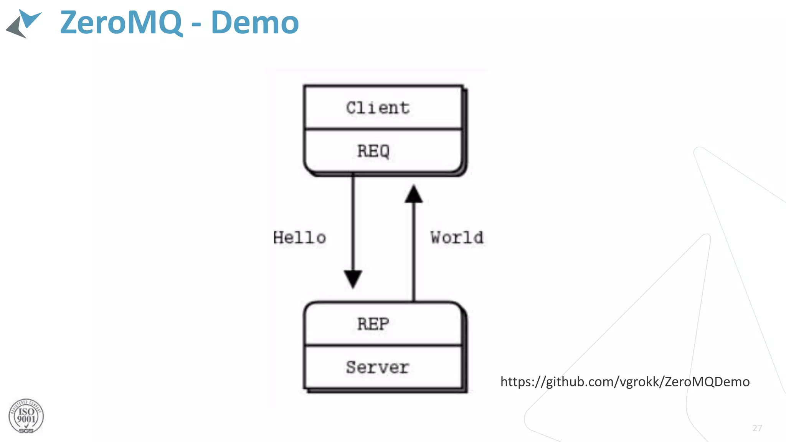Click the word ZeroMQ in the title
[121, 23]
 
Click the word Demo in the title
[254, 23]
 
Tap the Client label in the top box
[378, 108]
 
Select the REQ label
[373, 151]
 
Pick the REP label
[373, 324]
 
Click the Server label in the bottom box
[378, 367]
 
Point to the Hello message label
[300, 238]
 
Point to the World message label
[457, 238]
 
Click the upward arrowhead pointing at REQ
[414, 194]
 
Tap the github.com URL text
[624, 382]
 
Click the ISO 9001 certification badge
[26, 416]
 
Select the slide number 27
[757, 428]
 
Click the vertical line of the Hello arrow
[353, 223]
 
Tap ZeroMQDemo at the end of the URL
[707, 382]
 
